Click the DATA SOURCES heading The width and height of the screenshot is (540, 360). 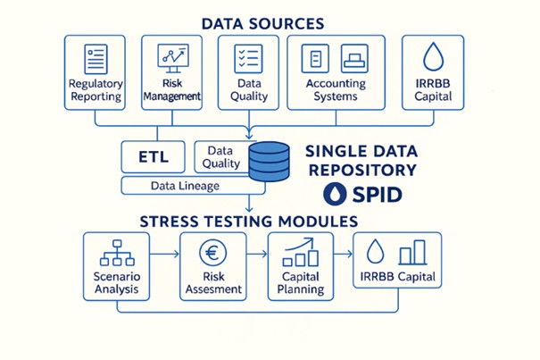[262, 22]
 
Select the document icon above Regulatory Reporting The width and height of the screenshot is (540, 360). [95, 59]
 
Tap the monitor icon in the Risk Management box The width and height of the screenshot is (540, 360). [171, 58]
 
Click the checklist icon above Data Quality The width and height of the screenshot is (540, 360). [247, 59]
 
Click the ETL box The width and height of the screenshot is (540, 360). [153, 156]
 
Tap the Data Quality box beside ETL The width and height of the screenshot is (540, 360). [221, 157]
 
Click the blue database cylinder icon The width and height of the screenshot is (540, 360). [270, 161]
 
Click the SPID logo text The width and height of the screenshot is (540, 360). [374, 194]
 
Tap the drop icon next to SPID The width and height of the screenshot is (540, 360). [333, 194]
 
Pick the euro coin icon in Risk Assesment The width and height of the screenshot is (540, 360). [212, 253]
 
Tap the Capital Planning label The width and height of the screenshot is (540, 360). [301, 282]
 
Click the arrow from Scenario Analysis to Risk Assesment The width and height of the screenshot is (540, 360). [164, 255]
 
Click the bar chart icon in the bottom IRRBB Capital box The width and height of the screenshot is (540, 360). [411, 252]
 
